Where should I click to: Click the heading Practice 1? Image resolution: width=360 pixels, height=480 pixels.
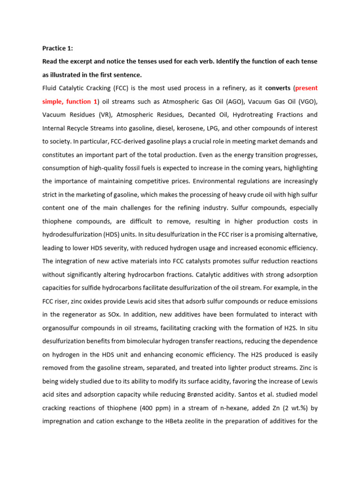(x=58, y=48)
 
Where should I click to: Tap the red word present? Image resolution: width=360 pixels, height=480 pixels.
(x=306, y=88)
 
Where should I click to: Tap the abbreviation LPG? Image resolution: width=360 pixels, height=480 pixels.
(x=269, y=128)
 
